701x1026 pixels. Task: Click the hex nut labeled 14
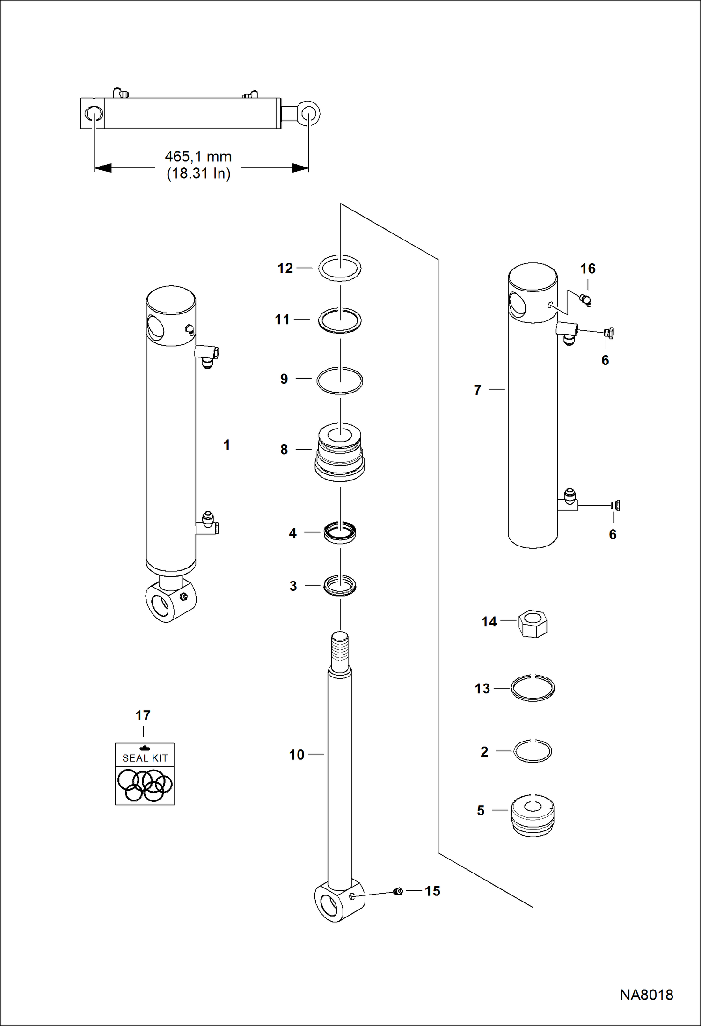pos(533,624)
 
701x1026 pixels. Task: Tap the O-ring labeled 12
pos(340,269)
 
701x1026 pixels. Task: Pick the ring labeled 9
pos(340,380)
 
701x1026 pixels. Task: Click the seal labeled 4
pos(340,533)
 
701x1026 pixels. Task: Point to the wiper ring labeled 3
pos(340,586)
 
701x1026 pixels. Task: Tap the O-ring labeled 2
pos(533,751)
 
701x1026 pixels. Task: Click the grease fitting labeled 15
pos(398,891)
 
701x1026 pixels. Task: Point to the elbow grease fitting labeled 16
pos(585,300)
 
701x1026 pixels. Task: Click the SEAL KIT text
pos(145,758)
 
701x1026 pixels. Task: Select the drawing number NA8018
pos(646,995)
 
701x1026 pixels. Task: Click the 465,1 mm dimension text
pos(198,157)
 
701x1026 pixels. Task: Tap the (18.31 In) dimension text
pos(198,174)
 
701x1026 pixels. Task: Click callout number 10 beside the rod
pos(297,755)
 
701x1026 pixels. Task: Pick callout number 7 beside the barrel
pos(477,390)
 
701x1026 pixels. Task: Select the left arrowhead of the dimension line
pos(102,168)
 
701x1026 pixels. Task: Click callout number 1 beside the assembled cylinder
pos(227,444)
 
